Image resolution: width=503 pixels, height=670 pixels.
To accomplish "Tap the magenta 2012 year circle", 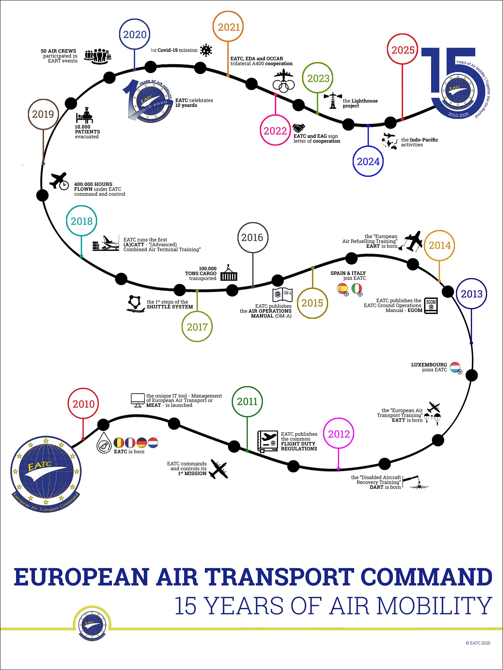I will [x=339, y=434].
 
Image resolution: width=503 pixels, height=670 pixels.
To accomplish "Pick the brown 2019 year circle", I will [x=43, y=114].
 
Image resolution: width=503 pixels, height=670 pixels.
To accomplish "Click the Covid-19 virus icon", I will [x=206, y=50].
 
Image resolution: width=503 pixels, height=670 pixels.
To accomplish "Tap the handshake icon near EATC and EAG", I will [x=299, y=128].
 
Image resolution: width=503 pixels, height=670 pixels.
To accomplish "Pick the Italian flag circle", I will [x=357, y=288].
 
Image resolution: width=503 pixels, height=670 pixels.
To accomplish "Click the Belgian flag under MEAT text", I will [x=119, y=443].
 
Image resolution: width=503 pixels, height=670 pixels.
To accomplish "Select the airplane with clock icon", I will [x=59, y=181].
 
